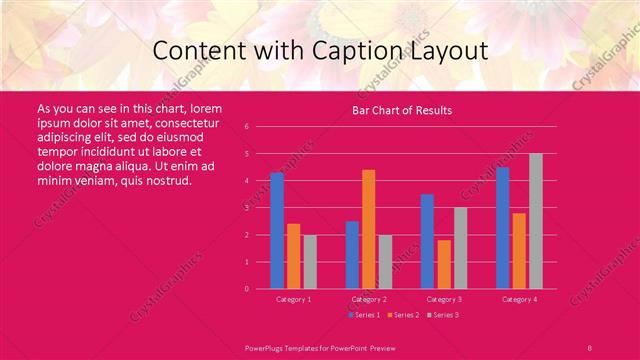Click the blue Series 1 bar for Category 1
[277, 230]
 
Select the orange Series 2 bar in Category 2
[369, 229]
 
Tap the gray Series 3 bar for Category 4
[536, 221]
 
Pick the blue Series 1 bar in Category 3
[427, 241]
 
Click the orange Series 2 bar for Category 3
[444, 264]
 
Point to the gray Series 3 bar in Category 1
[310, 261]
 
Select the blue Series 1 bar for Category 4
[502, 227]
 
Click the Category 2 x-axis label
[369, 299]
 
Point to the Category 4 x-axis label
[519, 299]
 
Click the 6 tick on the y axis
[246, 127]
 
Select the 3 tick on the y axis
[246, 208]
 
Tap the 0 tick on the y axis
[246, 289]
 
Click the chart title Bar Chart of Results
[401, 110]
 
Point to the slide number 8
[590, 347]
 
